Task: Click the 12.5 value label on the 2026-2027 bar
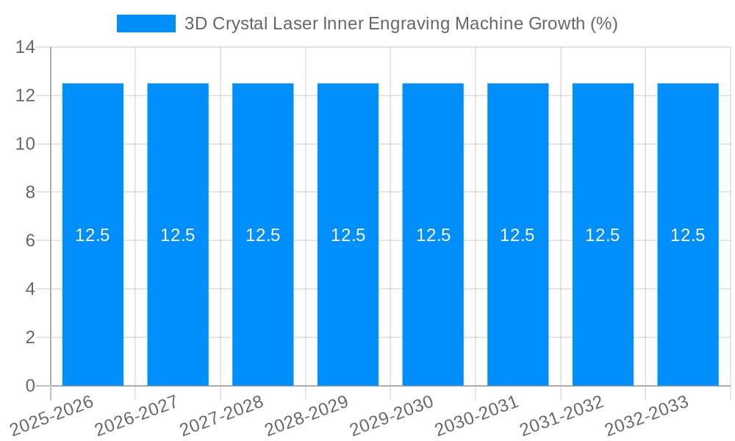178,235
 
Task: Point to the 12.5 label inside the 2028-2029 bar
348,235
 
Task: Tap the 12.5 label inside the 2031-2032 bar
603,235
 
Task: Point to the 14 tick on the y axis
26,48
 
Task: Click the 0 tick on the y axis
30,386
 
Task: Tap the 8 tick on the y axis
30,193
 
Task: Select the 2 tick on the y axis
30,337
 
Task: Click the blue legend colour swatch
146,24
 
